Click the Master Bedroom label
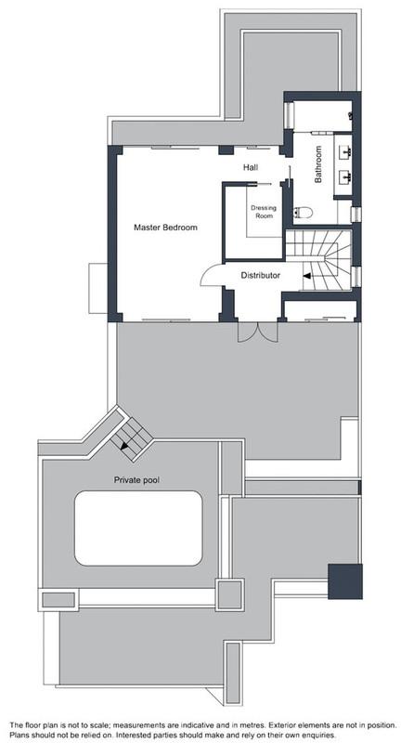point(165,228)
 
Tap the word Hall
point(251,167)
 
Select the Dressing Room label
point(264,212)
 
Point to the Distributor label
point(261,275)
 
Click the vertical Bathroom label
point(318,164)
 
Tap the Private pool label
point(136,480)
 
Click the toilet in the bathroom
point(303,213)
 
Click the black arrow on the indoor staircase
point(307,275)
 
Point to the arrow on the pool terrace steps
point(125,444)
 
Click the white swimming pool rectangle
point(138,528)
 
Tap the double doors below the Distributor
point(257,332)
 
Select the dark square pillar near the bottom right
point(345,581)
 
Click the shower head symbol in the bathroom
point(350,115)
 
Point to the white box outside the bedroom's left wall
point(98,288)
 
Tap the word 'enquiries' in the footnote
point(317,735)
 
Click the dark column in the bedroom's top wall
point(226,150)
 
